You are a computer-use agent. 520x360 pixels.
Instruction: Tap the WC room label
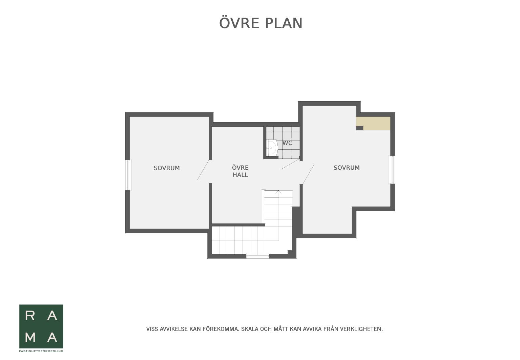tap(287, 143)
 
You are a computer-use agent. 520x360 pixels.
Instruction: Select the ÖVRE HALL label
tap(240, 171)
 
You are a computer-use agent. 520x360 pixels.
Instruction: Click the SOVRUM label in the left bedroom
tap(167, 168)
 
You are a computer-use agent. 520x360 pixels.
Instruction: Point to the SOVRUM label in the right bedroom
tap(347, 168)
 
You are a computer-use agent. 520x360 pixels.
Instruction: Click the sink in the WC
tap(272, 148)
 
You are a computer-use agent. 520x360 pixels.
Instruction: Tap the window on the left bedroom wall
tap(128, 175)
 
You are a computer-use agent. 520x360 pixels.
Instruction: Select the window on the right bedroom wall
tap(392, 170)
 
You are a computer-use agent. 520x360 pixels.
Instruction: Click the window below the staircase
tap(258, 256)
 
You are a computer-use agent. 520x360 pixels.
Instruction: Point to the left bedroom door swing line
tap(203, 170)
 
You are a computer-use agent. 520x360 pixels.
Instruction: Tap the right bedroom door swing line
tap(308, 174)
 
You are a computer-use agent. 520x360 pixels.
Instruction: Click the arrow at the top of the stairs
tap(278, 192)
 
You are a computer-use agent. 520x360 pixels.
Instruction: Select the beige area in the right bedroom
tap(373, 123)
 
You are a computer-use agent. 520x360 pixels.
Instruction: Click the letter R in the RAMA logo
tap(30, 316)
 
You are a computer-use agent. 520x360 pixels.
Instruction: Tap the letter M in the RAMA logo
tap(30, 337)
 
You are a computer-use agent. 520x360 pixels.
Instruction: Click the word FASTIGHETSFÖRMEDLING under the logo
tap(41, 351)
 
